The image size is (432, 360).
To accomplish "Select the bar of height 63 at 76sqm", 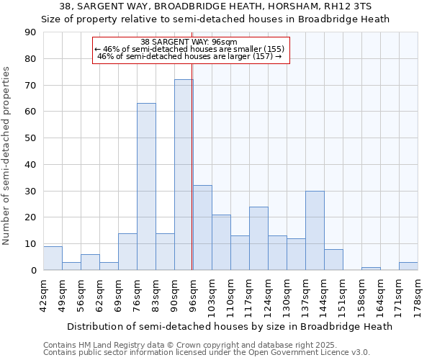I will pyautogui.click(x=146, y=186).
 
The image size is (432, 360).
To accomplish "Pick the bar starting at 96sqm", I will pyautogui.click(x=202, y=228).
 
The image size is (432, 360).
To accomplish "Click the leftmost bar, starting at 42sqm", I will pyautogui.click(x=53, y=258).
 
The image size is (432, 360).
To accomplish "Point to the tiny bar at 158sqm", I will pyautogui.click(x=371, y=269).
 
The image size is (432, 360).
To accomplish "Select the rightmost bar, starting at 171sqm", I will pyautogui.click(x=408, y=266).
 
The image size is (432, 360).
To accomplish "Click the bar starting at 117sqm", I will pyautogui.click(x=258, y=238).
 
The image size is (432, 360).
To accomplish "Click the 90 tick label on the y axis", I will pyautogui.click(x=31, y=32).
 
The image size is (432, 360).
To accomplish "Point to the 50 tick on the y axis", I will pyautogui.click(x=31, y=138).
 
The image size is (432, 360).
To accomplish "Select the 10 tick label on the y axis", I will pyautogui.click(x=31, y=244).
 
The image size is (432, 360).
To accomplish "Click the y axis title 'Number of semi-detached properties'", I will pyautogui.click(x=7, y=156).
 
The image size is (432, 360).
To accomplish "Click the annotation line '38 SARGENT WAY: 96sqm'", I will pyautogui.click(x=191, y=42).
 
